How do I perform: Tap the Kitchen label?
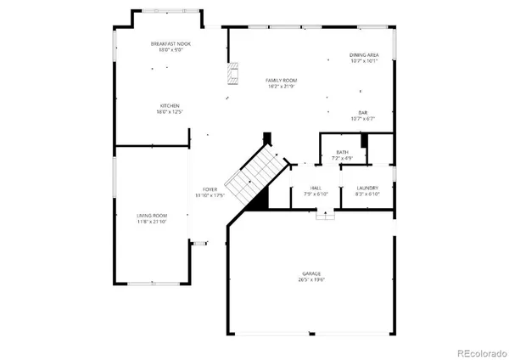167,106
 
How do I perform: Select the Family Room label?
279,80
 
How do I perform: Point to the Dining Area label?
363,55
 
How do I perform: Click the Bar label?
362,113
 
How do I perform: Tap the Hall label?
316,188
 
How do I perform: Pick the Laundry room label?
367,188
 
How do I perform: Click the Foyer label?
210,188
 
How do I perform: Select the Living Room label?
153,216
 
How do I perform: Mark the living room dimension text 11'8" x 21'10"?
153,222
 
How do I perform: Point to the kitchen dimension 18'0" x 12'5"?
167,112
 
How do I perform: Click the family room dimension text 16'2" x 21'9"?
279,86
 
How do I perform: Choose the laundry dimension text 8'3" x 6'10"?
367,194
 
